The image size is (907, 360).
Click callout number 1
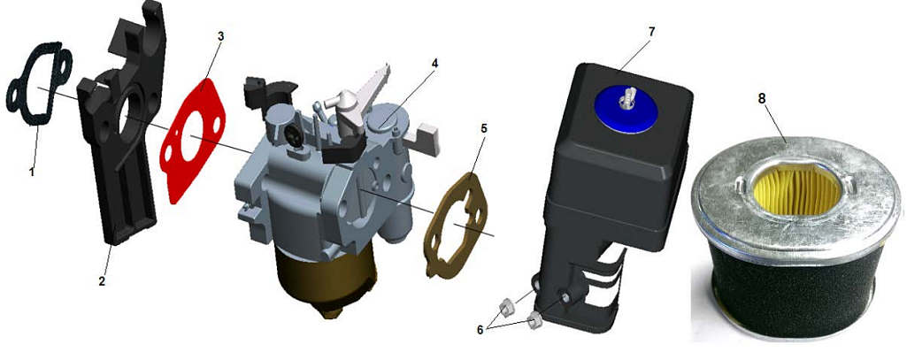[33, 172]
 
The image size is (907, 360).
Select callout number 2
[102, 282]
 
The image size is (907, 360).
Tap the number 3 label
[220, 36]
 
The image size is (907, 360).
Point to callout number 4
[434, 63]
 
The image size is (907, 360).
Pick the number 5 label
[483, 127]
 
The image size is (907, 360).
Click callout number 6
[480, 330]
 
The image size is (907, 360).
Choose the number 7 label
[651, 31]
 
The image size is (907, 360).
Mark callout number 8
[762, 99]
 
